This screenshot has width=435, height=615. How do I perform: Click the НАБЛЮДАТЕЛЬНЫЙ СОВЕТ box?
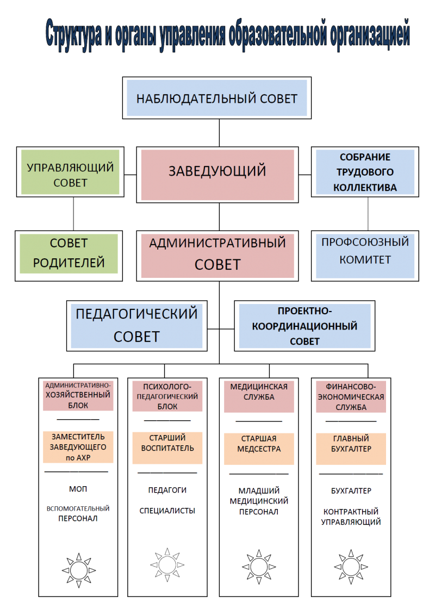coord(216,98)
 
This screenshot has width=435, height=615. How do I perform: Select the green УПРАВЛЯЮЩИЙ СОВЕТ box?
coord(70,171)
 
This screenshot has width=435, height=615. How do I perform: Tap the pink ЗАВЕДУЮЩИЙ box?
coord(217,175)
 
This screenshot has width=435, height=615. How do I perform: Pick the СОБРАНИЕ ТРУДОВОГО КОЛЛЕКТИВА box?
coord(365,172)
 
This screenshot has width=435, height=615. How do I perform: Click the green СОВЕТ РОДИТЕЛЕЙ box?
coord(69,253)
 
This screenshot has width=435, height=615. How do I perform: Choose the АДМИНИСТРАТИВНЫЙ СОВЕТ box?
coord(217,256)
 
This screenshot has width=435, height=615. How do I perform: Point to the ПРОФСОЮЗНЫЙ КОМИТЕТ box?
coord(365,256)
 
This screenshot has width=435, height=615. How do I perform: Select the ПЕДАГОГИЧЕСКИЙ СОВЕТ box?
coord(136,326)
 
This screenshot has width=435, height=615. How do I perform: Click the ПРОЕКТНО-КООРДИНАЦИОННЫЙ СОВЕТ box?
coord(304,326)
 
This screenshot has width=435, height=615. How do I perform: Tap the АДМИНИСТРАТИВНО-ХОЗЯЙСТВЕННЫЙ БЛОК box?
coord(78,395)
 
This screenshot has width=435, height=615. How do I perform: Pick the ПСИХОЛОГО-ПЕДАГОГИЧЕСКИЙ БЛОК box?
coord(167,395)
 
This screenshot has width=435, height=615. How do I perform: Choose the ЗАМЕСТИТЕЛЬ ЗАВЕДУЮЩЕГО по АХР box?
coord(78,447)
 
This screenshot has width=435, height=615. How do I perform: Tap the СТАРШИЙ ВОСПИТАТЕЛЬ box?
coord(167,447)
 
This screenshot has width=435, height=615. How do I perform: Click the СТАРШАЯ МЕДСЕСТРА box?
coord(259,448)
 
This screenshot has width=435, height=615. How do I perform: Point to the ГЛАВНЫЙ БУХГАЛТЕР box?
coord(351,448)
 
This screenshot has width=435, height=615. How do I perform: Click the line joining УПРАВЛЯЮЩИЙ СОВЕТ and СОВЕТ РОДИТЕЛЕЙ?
coord(74,214)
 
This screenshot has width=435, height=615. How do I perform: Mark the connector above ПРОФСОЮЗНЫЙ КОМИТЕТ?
coord(368,214)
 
